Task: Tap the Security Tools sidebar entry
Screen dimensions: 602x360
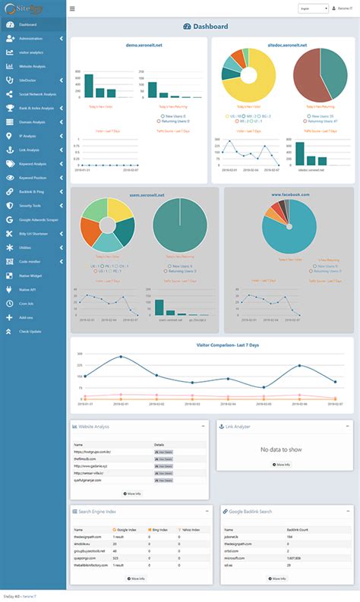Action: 31,205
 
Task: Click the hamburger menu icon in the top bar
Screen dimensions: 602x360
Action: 72,9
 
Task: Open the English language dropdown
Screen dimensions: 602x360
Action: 313,9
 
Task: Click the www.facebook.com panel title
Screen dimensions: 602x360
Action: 290,195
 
